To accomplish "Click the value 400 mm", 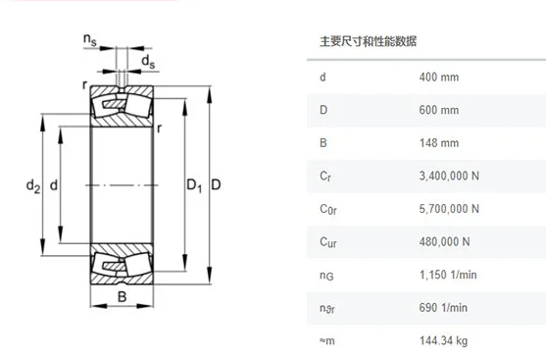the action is [438, 77].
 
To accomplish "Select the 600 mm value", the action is [438, 110].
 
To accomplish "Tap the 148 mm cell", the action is [438, 143].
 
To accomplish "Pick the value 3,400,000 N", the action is [449, 176].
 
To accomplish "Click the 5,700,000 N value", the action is [449, 209].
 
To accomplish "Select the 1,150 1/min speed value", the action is [445, 275].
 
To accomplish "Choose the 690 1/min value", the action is [442, 307].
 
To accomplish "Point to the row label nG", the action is [326, 276].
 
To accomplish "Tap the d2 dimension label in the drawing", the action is [31, 183].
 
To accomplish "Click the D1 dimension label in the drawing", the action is [193, 184].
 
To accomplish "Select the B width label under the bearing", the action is [123, 296].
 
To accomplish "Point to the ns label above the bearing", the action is [90, 39].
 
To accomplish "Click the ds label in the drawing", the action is [148, 62].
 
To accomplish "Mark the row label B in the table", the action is [323, 143].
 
